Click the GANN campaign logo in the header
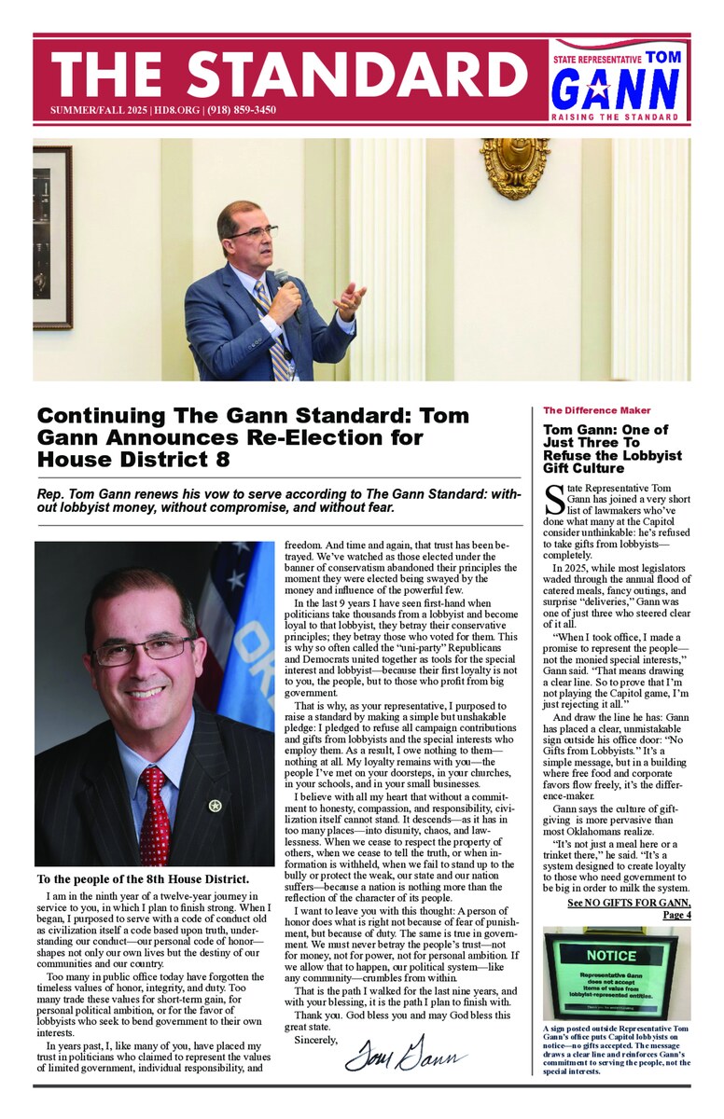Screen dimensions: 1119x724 click(615, 90)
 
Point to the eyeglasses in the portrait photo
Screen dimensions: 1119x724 click(145, 650)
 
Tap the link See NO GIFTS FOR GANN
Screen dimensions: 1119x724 click(629, 903)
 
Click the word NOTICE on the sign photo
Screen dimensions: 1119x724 click(612, 955)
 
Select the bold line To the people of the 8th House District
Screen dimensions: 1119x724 click(143, 879)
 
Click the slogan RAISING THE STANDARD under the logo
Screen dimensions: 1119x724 click(615, 117)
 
